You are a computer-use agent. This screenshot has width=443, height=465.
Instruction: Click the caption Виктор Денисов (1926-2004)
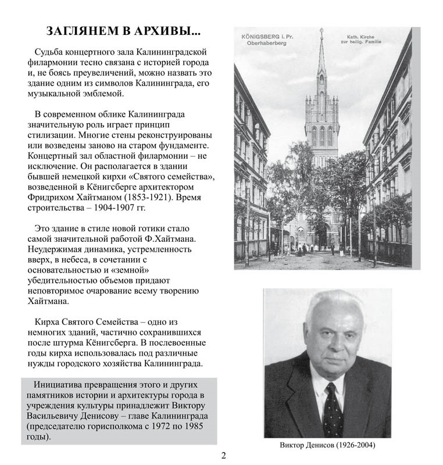click(327, 445)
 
